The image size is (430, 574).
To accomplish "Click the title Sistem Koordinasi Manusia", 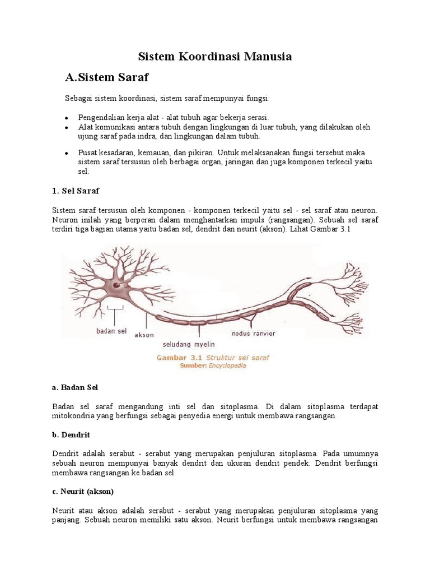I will click(215, 57).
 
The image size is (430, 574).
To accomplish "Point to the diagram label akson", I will click(144, 336).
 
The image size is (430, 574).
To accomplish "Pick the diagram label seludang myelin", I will click(189, 344).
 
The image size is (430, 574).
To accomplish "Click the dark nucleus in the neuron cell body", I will click(116, 285).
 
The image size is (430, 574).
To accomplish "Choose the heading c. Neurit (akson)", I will click(82, 492).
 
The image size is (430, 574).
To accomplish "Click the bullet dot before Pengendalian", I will click(66, 118).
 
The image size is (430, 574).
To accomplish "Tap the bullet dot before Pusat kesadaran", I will click(66, 153).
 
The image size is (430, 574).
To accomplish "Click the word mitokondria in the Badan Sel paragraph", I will click(76, 416).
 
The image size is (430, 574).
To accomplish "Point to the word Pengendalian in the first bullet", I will click(103, 118).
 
